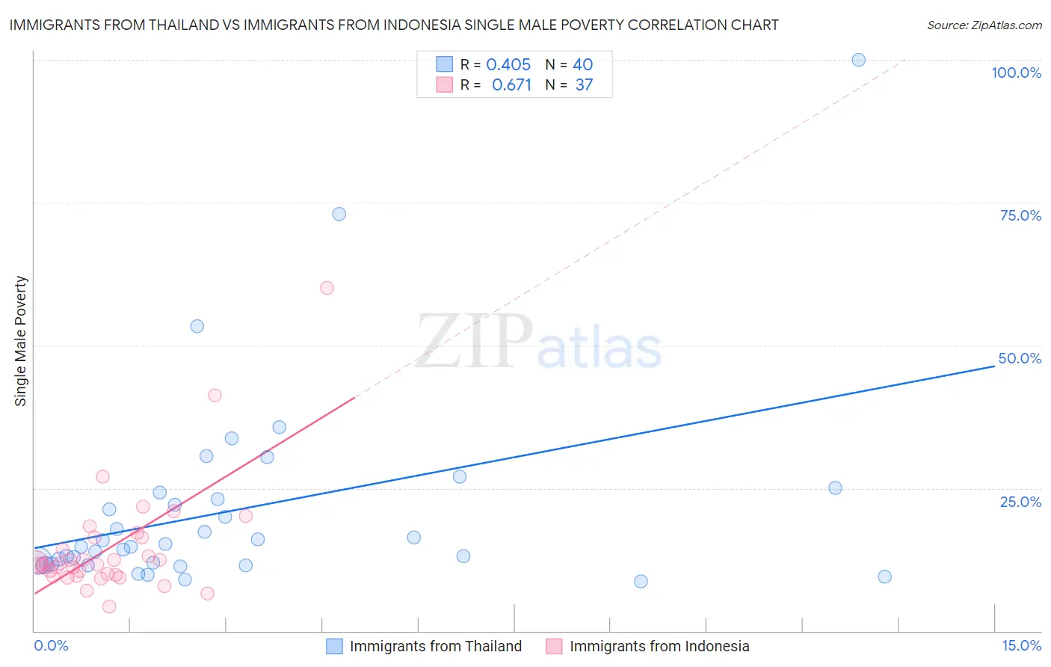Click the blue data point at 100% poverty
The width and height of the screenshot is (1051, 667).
click(858, 60)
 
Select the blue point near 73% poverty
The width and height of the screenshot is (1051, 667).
click(339, 214)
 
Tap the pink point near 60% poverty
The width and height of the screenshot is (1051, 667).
click(327, 288)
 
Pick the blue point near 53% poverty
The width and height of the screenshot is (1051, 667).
click(197, 326)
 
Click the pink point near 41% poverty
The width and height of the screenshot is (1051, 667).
click(215, 396)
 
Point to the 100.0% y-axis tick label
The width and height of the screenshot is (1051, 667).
click(1016, 73)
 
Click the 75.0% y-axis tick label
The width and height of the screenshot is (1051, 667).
click(1020, 215)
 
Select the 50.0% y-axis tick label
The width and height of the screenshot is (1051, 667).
click(1020, 358)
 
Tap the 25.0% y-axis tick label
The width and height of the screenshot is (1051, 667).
click(1020, 502)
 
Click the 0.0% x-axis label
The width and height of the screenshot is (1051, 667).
click(51, 645)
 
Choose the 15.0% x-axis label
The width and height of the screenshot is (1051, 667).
click(1021, 645)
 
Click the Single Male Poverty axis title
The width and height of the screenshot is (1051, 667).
click(21, 341)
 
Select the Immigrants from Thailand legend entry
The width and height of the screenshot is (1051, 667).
click(435, 646)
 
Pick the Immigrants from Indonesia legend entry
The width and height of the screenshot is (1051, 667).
click(659, 646)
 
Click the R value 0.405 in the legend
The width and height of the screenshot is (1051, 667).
click(508, 65)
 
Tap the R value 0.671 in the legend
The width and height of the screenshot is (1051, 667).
click(511, 85)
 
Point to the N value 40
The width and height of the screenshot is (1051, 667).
click(583, 65)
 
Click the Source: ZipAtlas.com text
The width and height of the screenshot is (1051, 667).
click(984, 25)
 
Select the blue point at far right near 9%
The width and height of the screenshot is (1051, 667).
click(884, 577)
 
